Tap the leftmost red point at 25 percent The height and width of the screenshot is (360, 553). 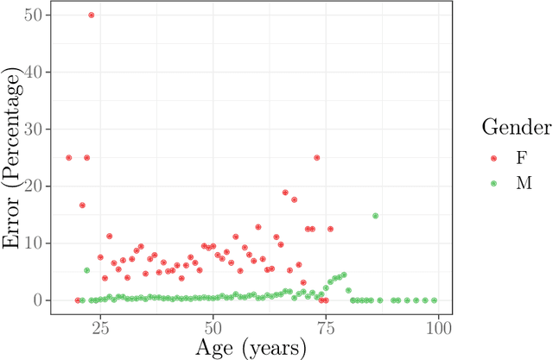(x=69, y=158)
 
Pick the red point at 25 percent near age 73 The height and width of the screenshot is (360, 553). (x=316, y=158)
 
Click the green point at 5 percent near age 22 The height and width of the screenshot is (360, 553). (x=86, y=270)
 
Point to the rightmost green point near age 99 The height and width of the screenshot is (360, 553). (x=434, y=300)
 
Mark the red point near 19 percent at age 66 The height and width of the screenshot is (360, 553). (x=285, y=193)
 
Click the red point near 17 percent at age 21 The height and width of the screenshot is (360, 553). (x=82, y=205)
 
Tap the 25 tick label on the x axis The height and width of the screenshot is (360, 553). (x=100, y=327)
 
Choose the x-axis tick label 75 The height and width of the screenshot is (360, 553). (x=326, y=327)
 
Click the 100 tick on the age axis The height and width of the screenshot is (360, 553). (x=438, y=327)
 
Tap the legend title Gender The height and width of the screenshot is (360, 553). (x=517, y=129)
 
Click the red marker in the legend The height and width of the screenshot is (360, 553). (x=495, y=159)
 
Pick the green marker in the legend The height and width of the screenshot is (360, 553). (x=495, y=184)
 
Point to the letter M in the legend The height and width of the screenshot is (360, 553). (x=523, y=184)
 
